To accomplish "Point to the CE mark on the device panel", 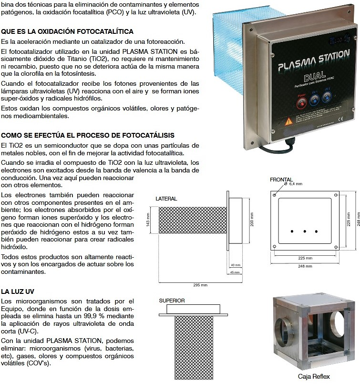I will tap(339, 119).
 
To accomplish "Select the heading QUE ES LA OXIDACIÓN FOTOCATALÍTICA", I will tap(67, 31).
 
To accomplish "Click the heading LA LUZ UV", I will tap(17, 291).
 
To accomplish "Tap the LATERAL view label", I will tap(166, 199).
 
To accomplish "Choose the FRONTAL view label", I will tap(281, 180).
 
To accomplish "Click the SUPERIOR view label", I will tap(172, 301).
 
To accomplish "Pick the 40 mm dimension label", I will tap(235, 265).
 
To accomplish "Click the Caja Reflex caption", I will tap(313, 376).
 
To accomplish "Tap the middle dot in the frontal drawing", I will tap(304, 231).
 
